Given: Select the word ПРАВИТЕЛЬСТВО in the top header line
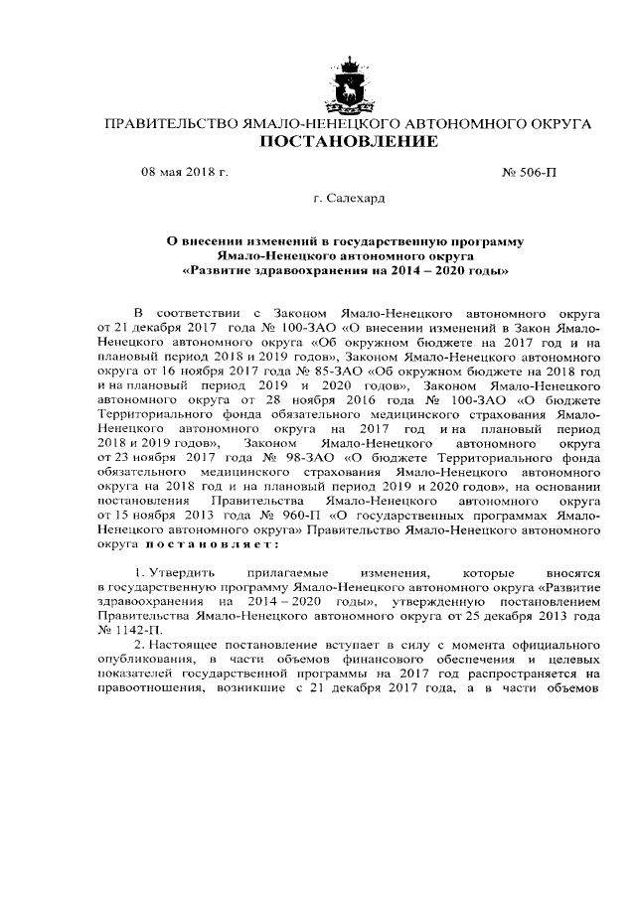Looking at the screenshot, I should (x=173, y=124).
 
